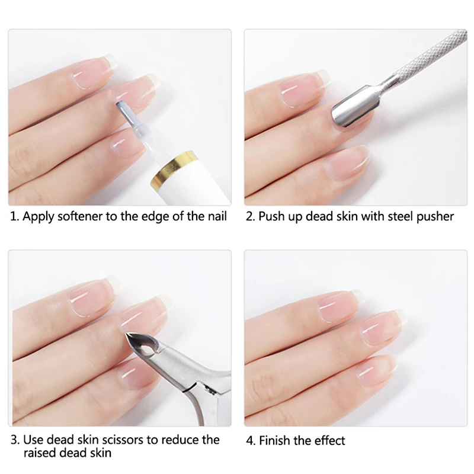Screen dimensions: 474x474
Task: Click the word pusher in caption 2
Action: click(x=435, y=216)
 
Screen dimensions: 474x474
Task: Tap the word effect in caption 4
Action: click(x=328, y=440)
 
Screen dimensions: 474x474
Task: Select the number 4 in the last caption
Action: click(x=250, y=440)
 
